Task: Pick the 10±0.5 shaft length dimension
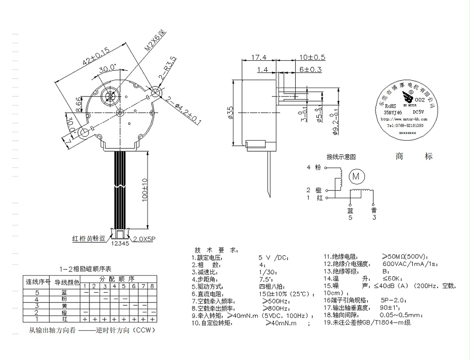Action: click(312, 58)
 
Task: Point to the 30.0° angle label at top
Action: click(107, 68)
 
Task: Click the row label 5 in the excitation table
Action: click(37, 293)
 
